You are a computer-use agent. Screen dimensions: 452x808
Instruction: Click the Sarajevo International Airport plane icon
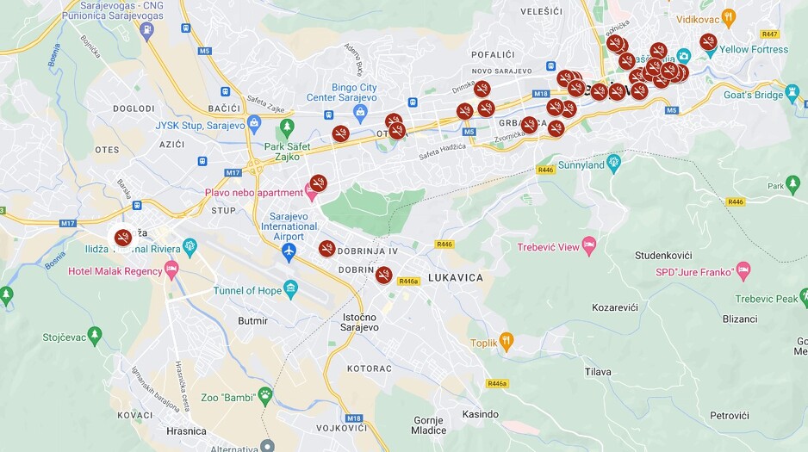pos(289,251)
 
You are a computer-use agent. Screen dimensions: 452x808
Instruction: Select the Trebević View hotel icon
pos(589,246)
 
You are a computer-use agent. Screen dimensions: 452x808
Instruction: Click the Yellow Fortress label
pos(754,50)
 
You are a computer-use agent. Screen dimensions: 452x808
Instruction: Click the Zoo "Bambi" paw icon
pos(265,397)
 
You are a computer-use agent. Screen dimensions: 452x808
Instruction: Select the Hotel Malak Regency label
pos(115,272)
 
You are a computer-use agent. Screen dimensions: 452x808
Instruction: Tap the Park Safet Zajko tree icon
pos(287,128)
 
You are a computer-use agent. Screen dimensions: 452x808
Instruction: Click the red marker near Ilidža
pos(123,237)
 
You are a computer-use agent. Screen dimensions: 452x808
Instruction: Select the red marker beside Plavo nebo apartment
pos(319,183)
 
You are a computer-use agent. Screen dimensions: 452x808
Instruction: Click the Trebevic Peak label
pos(767,300)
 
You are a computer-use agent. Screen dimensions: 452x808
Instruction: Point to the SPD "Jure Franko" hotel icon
pos(743,272)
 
